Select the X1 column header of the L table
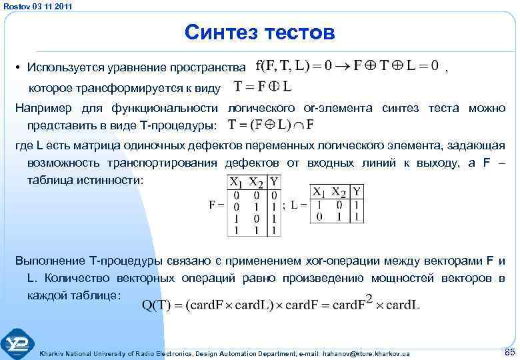(321, 191)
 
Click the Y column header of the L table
(359, 191)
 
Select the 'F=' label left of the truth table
(215, 205)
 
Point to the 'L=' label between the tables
(299, 205)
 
